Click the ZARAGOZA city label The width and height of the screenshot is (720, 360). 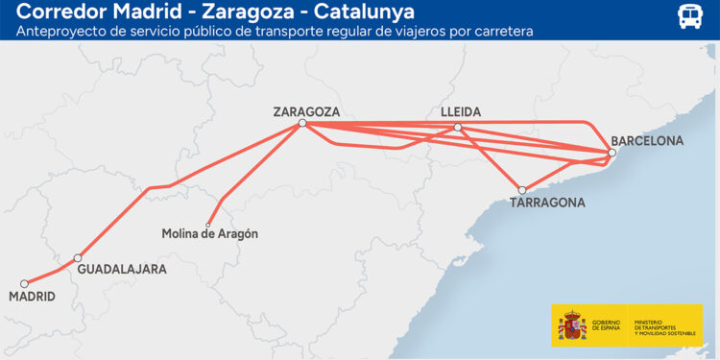pos(306,110)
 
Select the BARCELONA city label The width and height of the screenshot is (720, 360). pos(647,140)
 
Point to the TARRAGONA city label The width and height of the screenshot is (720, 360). pos(547,204)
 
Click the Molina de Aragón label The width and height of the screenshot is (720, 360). pos(209,234)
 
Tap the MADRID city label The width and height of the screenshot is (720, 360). pos(32,298)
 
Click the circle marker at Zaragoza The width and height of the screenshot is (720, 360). pos(302,123)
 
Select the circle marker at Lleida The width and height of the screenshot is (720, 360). pos(458,127)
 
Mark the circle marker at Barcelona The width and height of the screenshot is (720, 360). pos(612,153)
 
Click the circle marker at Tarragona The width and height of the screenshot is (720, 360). pos(522,190)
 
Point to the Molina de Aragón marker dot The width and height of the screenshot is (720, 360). pos(208,225)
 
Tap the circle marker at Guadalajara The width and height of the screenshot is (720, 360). pos(79,258)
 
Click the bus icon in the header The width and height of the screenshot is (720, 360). pos(689,16)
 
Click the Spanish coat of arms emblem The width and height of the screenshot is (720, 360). pos(572,326)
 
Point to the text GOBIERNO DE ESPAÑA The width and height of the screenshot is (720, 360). pos(606,325)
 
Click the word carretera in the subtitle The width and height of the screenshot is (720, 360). pos(500,31)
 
